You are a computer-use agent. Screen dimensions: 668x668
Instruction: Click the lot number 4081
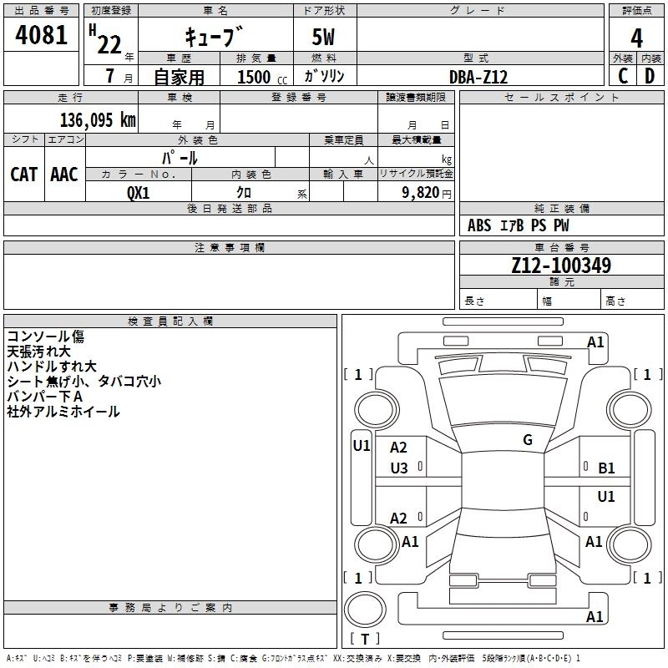pyautogui.click(x=41, y=36)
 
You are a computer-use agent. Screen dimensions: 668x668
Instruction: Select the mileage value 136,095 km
pyautogui.click(x=97, y=119)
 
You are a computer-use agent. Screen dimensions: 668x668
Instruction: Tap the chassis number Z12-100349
pyautogui.click(x=561, y=266)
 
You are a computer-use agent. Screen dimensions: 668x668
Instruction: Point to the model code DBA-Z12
pyautogui.click(x=478, y=77)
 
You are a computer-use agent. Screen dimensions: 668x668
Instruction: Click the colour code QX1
pyautogui.click(x=138, y=192)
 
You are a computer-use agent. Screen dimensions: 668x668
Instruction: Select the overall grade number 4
pyautogui.click(x=636, y=38)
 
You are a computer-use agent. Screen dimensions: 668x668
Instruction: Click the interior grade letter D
pyautogui.click(x=650, y=76)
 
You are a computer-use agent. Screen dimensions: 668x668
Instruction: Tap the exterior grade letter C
pyautogui.click(x=622, y=76)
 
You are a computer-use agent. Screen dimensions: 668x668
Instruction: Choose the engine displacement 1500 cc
pyautogui.click(x=258, y=77)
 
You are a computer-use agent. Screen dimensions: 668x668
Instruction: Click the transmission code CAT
pyautogui.click(x=23, y=174)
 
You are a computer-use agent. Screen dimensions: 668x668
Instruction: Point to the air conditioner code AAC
pyautogui.click(x=63, y=174)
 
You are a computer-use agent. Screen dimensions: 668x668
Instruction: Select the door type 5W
pyautogui.click(x=323, y=38)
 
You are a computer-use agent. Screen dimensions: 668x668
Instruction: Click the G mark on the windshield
pyautogui.click(x=528, y=440)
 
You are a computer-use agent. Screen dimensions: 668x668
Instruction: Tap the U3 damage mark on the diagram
pyautogui.click(x=399, y=468)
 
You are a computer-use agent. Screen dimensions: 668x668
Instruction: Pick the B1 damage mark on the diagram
pyautogui.click(x=606, y=468)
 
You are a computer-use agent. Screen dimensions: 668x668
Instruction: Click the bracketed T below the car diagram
pyautogui.click(x=364, y=640)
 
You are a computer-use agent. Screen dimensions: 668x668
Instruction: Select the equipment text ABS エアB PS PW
pyautogui.click(x=519, y=225)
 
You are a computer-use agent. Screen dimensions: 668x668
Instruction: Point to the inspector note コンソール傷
pyautogui.click(x=45, y=337)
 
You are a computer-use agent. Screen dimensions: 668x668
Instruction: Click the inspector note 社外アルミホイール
pyautogui.click(x=63, y=412)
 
